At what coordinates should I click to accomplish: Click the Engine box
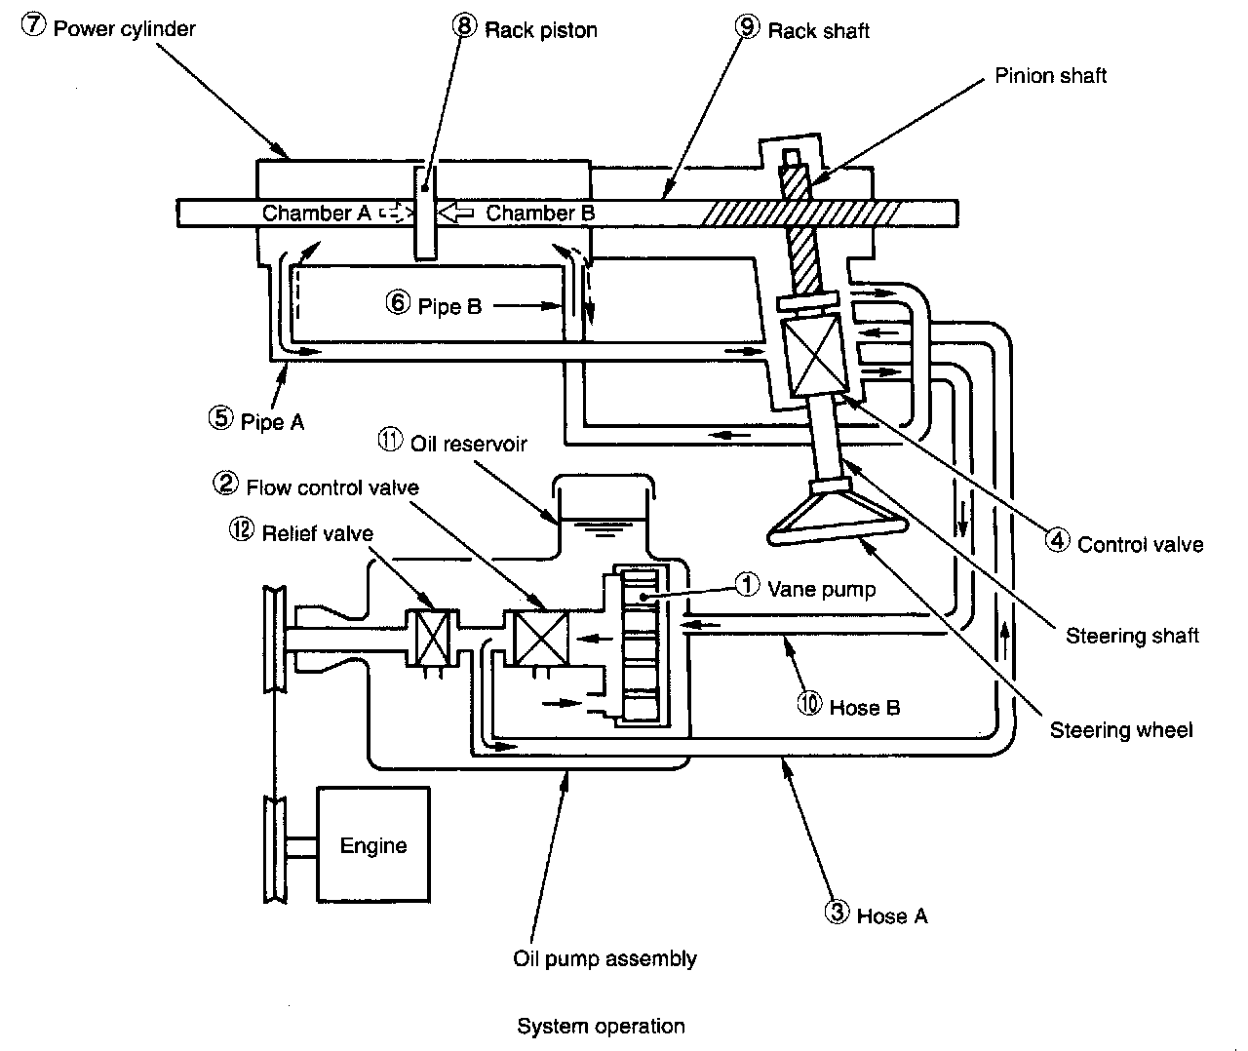pos(373,843)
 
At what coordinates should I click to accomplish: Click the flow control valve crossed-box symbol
pos(541,638)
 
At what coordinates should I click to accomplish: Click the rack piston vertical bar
pos(425,213)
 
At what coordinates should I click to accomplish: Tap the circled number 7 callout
pos(33,25)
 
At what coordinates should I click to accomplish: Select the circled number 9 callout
pos(747,27)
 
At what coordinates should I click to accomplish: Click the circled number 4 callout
pos(1057,540)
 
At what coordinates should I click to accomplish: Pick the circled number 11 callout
pos(390,440)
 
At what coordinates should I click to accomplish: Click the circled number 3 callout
pos(837,913)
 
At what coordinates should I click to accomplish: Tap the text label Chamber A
pos(316,213)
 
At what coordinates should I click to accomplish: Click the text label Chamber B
pos(540,213)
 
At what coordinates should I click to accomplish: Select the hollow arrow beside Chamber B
pos(455,213)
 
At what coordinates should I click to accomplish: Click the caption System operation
pos(601,1026)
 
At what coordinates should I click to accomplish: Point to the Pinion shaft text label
pos(1050,75)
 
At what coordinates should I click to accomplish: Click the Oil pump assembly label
pos(604,959)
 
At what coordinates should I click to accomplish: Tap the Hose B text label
pos(864,707)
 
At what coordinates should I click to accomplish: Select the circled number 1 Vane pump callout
pos(747,585)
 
